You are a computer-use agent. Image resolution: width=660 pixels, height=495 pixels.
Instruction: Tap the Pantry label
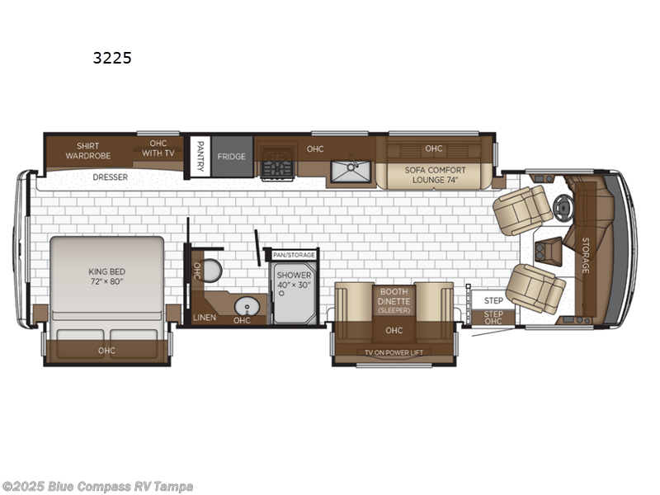click(x=200, y=153)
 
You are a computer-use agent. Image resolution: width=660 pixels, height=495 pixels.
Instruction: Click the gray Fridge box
click(x=232, y=156)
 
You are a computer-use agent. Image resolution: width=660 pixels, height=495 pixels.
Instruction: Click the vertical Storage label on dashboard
click(x=586, y=255)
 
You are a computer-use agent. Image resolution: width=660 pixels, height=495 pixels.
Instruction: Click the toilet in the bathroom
click(x=212, y=270)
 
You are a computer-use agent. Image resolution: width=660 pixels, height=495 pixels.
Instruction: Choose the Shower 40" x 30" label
click(x=294, y=280)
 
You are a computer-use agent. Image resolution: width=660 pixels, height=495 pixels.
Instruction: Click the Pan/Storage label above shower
click(x=295, y=255)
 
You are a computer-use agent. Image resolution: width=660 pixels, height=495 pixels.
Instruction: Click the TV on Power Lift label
click(x=394, y=352)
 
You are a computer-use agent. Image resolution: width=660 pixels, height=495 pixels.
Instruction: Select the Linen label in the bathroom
click(x=204, y=317)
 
